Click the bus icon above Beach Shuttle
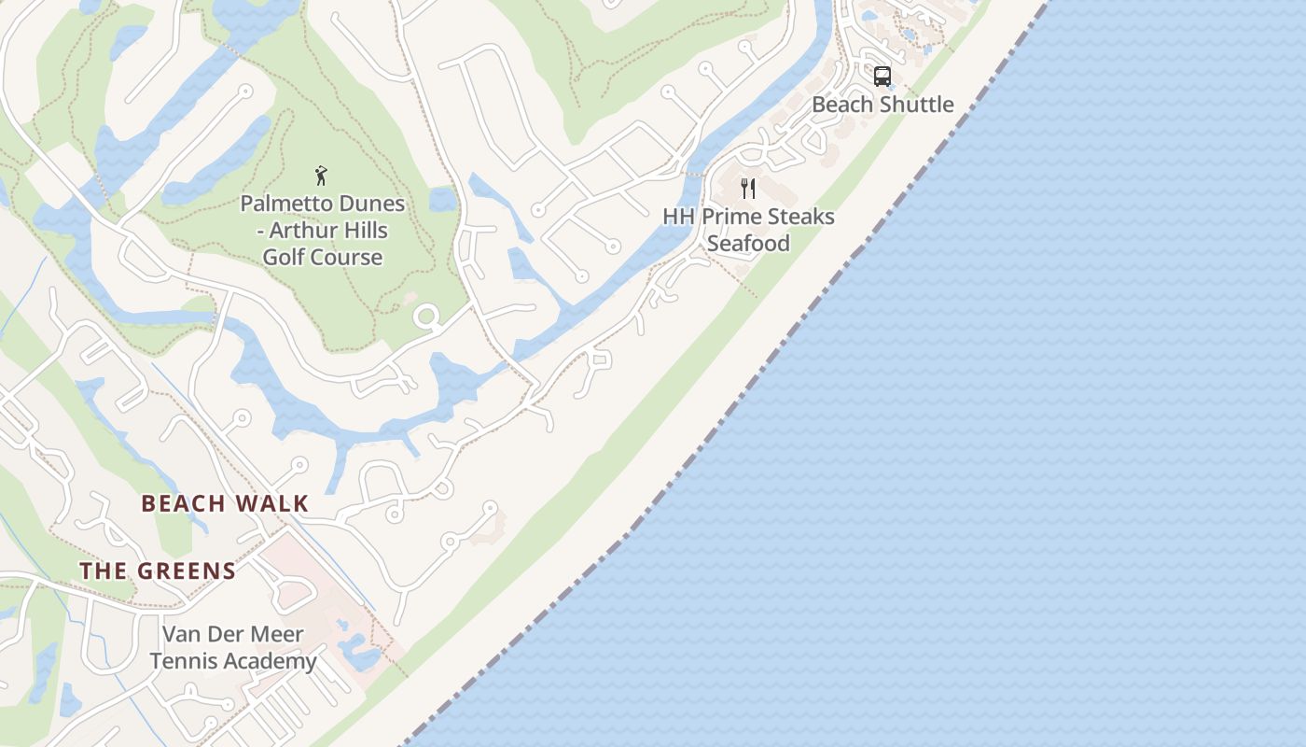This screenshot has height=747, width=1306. pos(882,77)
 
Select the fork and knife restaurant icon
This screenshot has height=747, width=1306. pos(748,189)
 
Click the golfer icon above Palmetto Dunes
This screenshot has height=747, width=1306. pos(322,175)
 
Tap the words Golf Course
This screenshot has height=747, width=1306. pos(323,258)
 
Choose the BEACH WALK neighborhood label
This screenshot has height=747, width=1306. pos(225,504)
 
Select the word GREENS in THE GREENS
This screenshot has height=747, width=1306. pos(186,571)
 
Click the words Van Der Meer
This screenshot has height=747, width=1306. pos(233,635)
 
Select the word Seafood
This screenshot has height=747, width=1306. pos(748,244)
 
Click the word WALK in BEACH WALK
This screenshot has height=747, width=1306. pos(272,504)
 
